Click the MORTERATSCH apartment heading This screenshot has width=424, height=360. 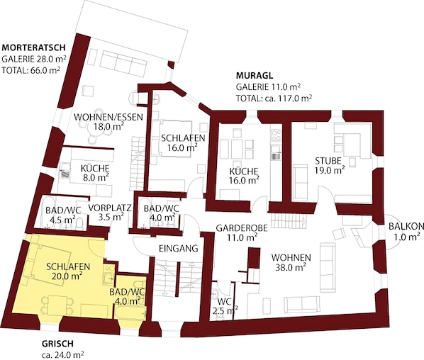point(34,47)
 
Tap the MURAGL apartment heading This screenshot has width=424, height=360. point(255,75)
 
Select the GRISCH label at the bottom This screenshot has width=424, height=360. point(57,344)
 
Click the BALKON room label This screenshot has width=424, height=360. point(406,227)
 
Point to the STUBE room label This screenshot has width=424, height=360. point(328,161)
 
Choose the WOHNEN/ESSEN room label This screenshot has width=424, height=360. point(108,118)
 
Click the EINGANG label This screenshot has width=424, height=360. point(179,248)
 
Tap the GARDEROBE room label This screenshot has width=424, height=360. point(242,228)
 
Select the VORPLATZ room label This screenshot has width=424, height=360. point(110,208)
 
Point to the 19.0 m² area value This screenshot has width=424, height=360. point(330,170)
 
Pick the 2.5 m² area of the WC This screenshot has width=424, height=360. point(225,311)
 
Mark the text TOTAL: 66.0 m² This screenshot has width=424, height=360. point(30,70)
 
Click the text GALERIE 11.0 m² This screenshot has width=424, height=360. point(269,87)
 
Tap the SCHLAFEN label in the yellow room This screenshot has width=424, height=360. point(68,266)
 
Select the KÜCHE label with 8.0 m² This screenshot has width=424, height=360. point(95,169)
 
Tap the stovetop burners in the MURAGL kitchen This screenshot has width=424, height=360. point(276,135)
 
